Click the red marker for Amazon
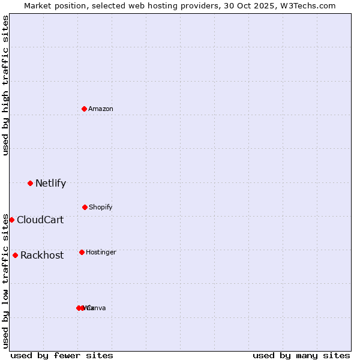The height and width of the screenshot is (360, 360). click(84, 109)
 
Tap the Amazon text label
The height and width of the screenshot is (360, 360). click(101, 109)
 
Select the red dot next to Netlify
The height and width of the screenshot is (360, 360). click(30, 183)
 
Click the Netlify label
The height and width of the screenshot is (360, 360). click(50, 184)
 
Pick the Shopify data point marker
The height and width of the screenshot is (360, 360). click(85, 207)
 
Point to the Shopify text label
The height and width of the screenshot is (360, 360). click(101, 208)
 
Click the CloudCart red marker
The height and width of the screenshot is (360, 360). click(11, 220)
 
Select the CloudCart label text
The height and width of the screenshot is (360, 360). click(40, 220)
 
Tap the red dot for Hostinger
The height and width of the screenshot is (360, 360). click(82, 252)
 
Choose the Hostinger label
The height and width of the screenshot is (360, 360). click(101, 253)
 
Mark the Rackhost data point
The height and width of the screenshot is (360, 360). click(15, 255)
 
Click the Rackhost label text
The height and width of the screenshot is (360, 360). click(42, 256)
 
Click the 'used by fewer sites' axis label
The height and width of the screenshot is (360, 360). click(62, 355)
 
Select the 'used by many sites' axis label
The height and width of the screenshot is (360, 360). click(301, 355)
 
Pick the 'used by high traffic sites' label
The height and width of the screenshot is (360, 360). click(5, 85)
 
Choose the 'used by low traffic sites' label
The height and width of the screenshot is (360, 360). click(5, 280)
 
